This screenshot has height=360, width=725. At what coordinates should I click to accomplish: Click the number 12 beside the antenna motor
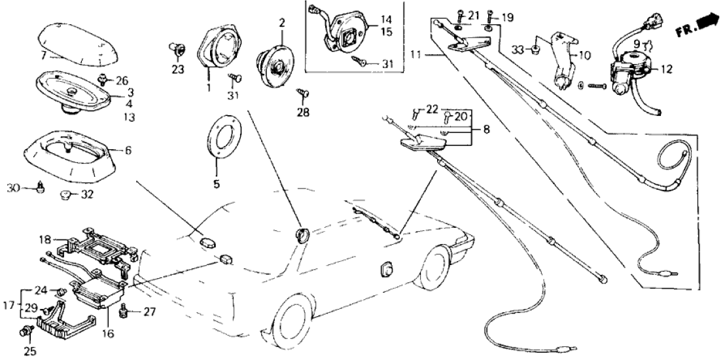pos(667,69)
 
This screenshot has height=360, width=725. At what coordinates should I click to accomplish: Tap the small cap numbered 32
pos(65,194)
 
